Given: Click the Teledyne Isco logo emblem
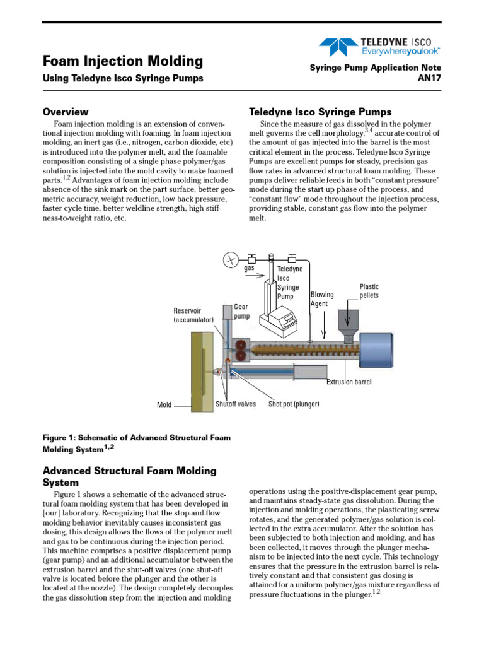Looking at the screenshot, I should (x=337, y=46).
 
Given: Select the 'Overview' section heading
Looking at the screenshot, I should (x=65, y=112).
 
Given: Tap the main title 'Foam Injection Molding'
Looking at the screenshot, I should (x=122, y=61).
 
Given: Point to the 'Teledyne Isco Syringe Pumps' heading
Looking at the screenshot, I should (x=320, y=112).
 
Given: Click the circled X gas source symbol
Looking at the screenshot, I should (x=231, y=259).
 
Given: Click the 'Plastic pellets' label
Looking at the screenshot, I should (x=370, y=291).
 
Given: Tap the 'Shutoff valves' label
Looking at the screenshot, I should (x=236, y=404).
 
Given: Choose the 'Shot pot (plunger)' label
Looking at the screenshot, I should (x=294, y=404).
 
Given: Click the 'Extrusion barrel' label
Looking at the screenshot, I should (x=349, y=382).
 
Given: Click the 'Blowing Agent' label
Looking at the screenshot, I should (x=322, y=299).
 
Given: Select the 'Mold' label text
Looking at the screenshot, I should (x=164, y=404).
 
